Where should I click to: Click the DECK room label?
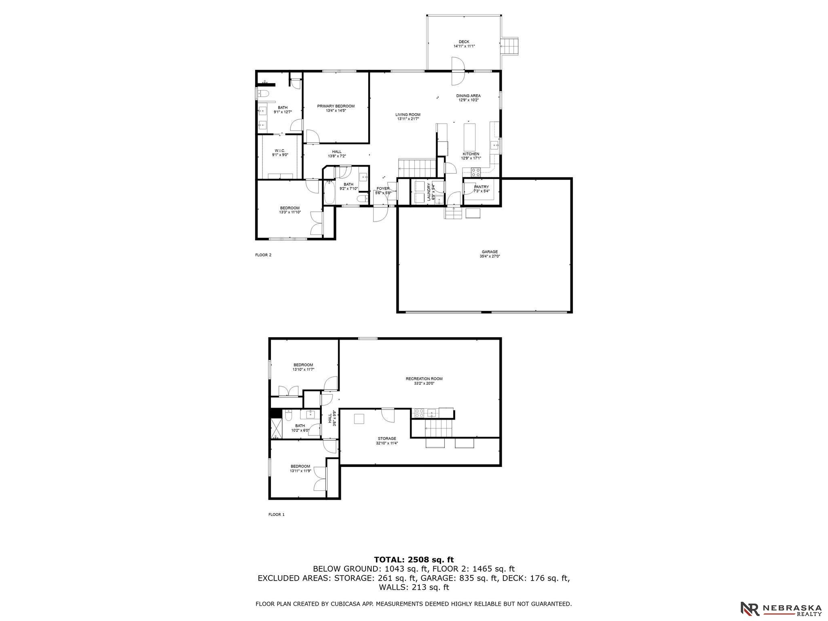[464, 42]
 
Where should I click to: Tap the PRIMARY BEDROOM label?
[336, 106]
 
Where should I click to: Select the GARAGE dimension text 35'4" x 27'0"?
[489, 256]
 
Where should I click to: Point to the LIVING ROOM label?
[408, 114]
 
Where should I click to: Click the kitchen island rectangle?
[470, 137]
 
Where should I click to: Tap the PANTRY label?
[482, 187]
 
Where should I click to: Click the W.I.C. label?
[280, 150]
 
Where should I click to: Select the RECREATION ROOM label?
[424, 379]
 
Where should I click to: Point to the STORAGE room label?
[387, 438]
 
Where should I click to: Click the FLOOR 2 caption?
[263, 255]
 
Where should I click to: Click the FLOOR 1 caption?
[277, 515]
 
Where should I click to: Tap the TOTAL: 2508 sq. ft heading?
[414, 560]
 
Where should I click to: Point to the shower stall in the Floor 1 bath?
[277, 429]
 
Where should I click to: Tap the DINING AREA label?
[469, 96]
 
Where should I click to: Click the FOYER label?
[383, 188]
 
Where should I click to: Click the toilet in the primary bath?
[263, 94]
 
